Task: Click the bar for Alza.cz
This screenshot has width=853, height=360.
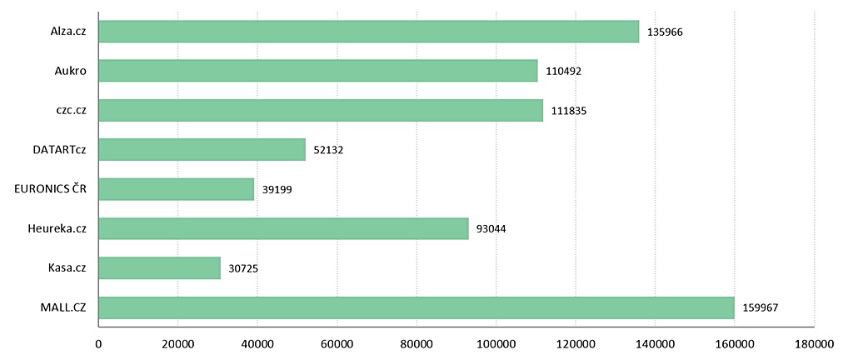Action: [x=368, y=32]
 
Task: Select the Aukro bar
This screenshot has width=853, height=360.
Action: [x=317, y=71]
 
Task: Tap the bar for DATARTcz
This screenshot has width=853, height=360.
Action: [x=202, y=150]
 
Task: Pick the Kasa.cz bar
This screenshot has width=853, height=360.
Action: [x=159, y=267]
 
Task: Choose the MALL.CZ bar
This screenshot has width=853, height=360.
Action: [x=416, y=307]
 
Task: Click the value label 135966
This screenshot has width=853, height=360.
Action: [x=665, y=32]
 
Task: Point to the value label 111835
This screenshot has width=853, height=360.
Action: [x=569, y=111]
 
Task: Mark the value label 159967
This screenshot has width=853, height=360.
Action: [x=761, y=307]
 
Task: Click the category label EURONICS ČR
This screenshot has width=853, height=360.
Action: [x=51, y=189]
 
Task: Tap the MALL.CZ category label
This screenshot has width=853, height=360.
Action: [x=63, y=307]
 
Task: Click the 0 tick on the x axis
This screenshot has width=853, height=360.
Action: [x=98, y=343]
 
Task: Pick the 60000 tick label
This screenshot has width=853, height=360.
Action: [x=337, y=343]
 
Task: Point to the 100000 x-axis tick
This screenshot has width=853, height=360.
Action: [x=496, y=343]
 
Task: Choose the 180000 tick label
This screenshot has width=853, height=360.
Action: [x=814, y=343]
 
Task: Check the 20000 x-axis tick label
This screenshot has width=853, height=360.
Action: [x=177, y=343]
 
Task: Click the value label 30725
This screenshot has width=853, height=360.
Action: [x=247, y=268]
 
